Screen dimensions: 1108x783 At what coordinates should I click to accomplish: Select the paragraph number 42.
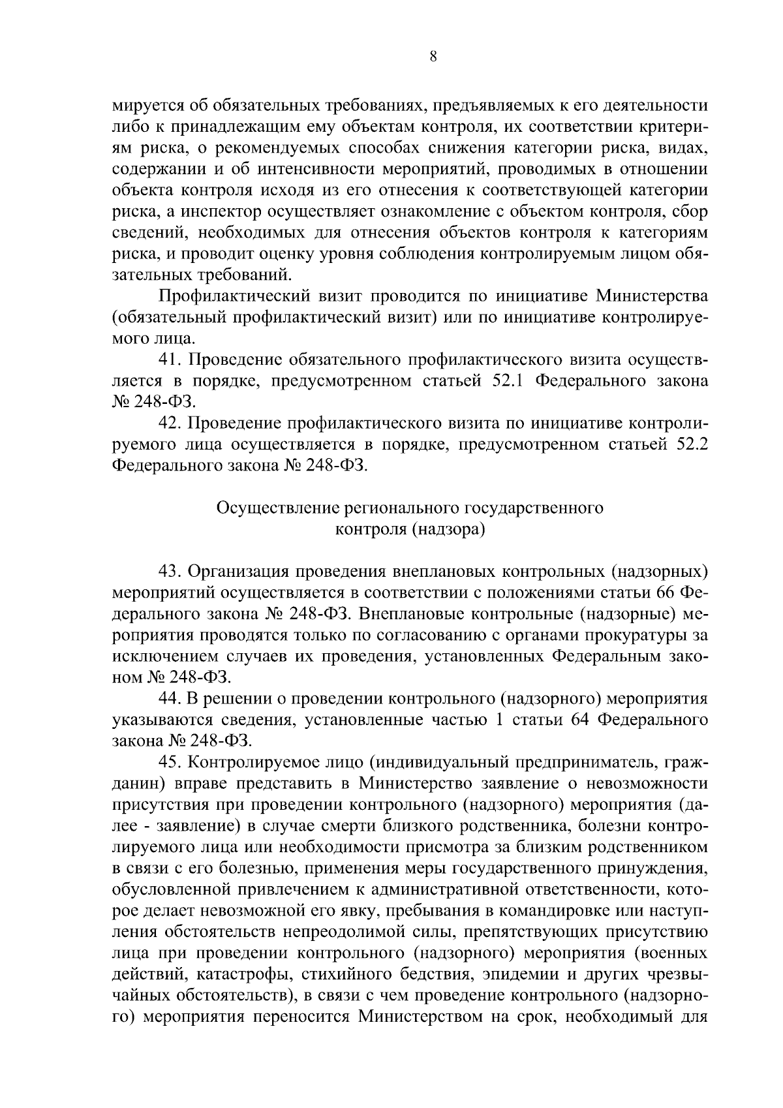pyautogui.click(x=172, y=423)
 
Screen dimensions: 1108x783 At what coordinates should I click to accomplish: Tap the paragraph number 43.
pyautogui.click(x=172, y=572)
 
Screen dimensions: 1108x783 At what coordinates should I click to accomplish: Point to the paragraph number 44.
pyautogui.click(x=172, y=699)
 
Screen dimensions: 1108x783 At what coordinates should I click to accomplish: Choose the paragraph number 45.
pyautogui.click(x=172, y=762)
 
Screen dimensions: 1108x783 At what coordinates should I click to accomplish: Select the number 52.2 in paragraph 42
pyautogui.click(x=690, y=444)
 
